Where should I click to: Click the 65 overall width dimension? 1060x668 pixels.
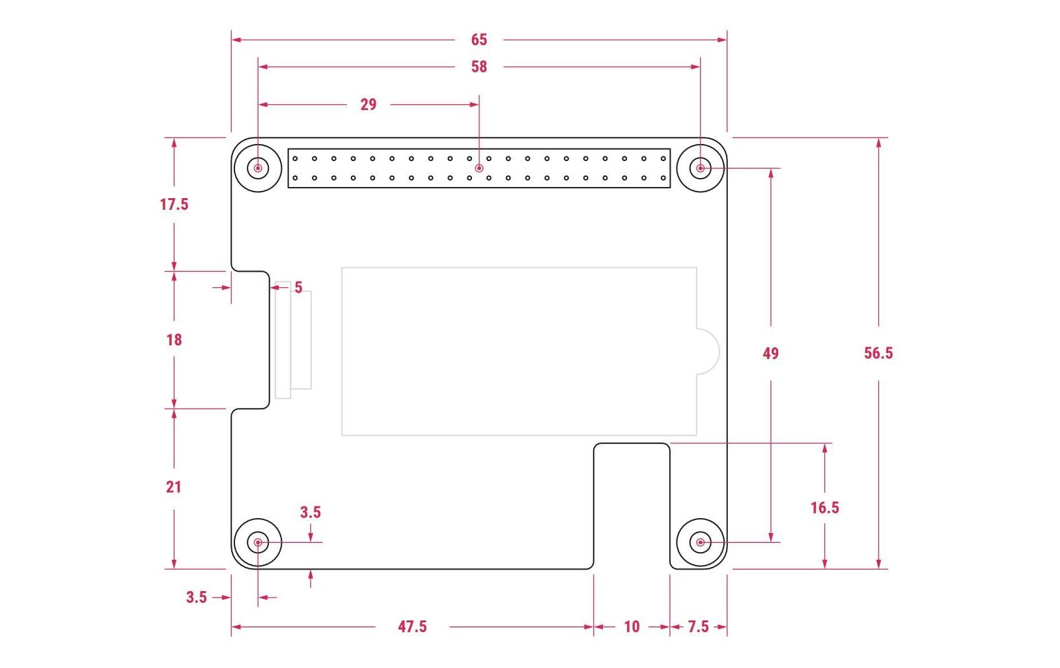click(x=479, y=40)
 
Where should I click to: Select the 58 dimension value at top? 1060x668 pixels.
click(x=479, y=66)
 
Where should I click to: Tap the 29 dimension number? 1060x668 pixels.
click(x=369, y=104)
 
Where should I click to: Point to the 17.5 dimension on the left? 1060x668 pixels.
click(x=174, y=205)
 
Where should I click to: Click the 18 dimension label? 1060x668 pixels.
click(x=174, y=340)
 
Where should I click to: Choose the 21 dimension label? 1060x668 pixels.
click(x=173, y=487)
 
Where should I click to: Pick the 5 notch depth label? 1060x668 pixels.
click(x=298, y=287)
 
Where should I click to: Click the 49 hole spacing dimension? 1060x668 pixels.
click(x=770, y=353)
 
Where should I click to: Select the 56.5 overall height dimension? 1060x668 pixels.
click(x=878, y=353)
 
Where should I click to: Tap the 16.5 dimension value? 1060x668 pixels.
click(x=824, y=508)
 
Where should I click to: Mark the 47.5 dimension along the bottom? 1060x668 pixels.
click(x=412, y=626)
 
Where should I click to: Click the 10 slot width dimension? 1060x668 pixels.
click(x=632, y=626)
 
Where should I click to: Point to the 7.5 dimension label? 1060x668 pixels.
click(x=698, y=626)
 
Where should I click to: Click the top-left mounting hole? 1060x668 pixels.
click(x=258, y=168)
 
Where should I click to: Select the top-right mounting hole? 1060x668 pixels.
click(x=701, y=168)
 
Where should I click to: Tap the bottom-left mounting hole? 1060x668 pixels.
click(x=258, y=542)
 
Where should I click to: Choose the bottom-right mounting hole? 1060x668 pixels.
click(x=701, y=542)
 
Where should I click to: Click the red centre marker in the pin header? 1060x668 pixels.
click(x=479, y=168)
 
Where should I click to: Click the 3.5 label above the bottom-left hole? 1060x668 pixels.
click(x=311, y=512)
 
